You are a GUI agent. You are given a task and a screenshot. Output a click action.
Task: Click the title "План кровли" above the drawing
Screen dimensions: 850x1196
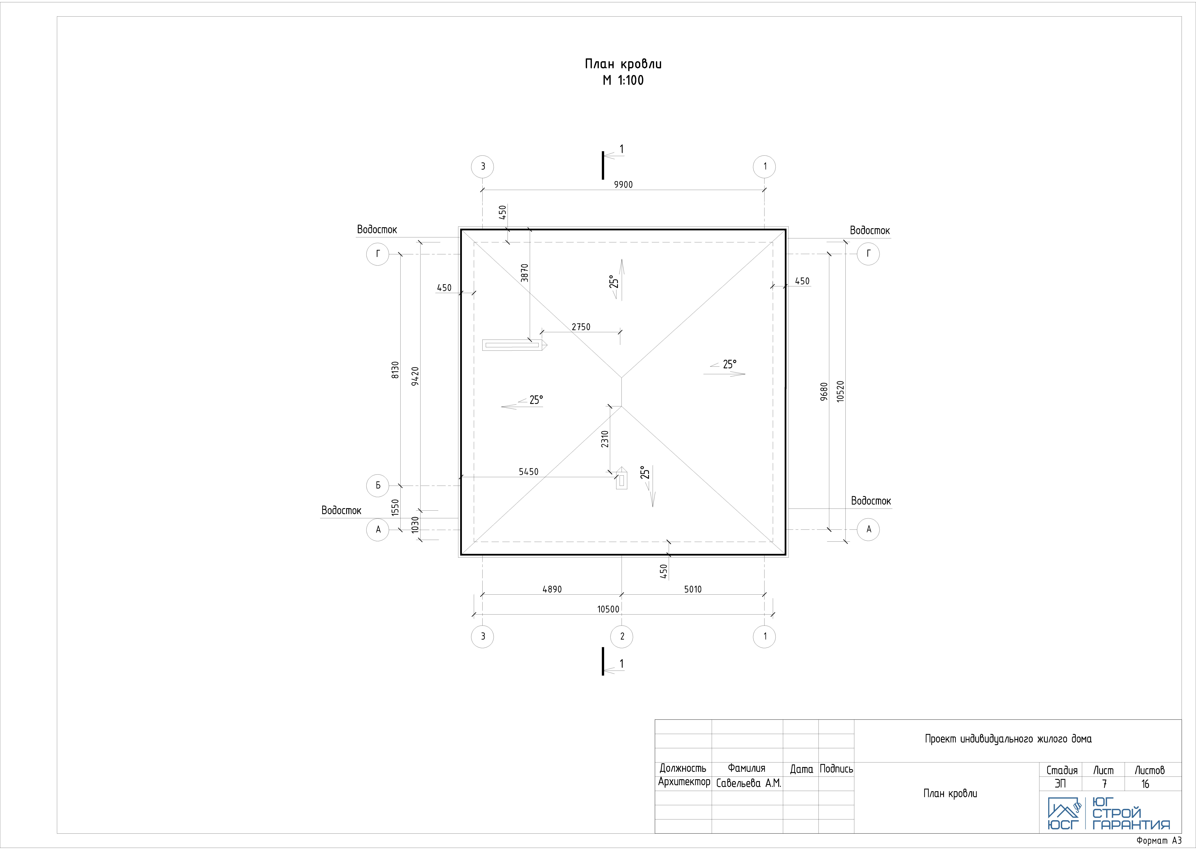[x=623, y=64]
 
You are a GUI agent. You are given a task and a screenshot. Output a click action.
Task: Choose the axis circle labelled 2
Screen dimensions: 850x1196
[x=622, y=636]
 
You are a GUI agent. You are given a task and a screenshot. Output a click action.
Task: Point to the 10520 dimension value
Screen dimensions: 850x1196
[x=840, y=391]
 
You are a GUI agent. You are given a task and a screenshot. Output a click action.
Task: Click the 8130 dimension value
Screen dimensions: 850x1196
[x=395, y=370]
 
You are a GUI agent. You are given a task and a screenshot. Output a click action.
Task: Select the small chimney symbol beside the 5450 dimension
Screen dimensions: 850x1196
[x=621, y=478]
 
